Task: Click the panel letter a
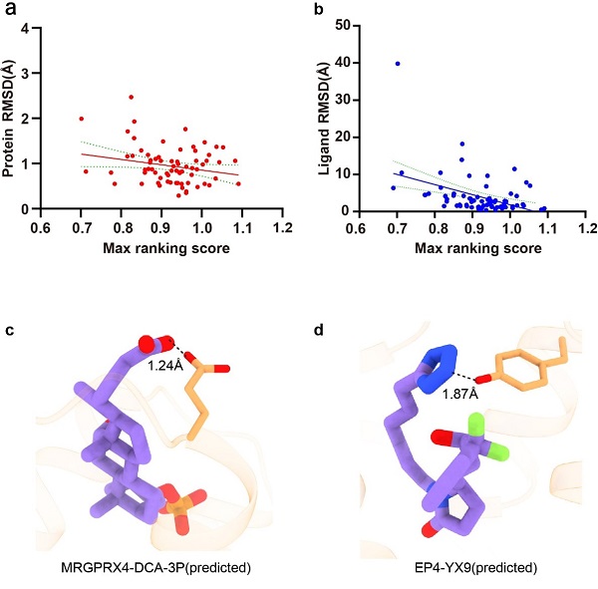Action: coord(11,12)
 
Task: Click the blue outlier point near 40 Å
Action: coord(398,63)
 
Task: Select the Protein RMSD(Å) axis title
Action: coord(9,117)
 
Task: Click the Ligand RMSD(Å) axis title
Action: coord(321,117)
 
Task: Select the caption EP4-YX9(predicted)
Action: coord(454,568)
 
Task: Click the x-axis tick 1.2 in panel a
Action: coord(282,226)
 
